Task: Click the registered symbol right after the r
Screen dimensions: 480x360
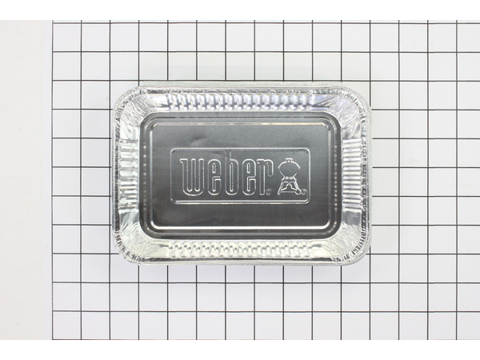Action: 269,193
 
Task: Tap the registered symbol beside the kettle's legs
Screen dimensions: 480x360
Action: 304,193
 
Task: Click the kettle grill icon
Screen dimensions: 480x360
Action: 289,176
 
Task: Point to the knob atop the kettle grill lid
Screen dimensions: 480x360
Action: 289,159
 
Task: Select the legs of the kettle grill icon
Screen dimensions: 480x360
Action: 289,187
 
